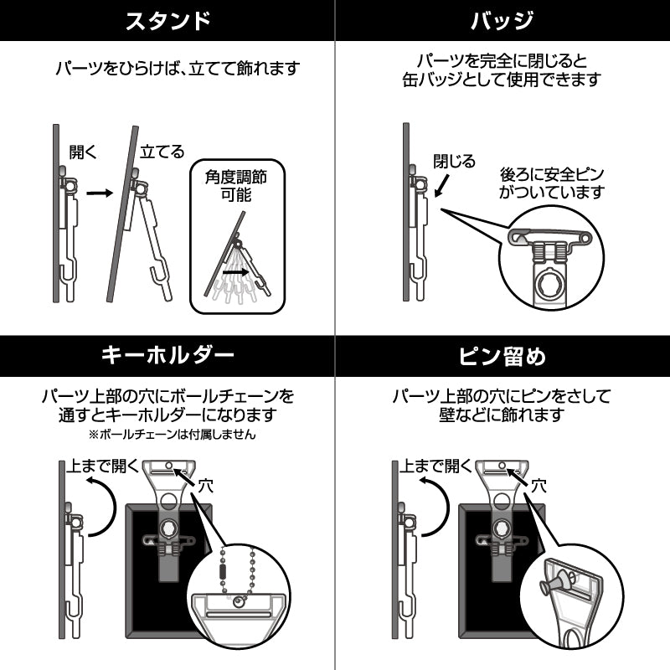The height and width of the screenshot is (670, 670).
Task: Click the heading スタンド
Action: tap(167, 21)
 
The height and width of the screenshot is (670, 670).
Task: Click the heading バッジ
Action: tap(502, 21)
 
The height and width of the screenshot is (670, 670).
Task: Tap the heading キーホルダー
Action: tap(167, 356)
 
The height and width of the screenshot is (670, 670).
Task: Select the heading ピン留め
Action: tap(502, 356)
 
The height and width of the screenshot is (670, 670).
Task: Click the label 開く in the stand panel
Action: tap(84, 153)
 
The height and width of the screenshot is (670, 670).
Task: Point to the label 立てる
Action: tap(162, 153)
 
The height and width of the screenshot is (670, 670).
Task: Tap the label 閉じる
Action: tap(455, 161)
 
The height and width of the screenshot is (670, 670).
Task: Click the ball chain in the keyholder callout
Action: tap(238, 569)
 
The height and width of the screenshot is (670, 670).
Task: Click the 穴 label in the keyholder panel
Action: tap(207, 484)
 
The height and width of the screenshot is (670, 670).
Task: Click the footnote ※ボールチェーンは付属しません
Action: tap(172, 435)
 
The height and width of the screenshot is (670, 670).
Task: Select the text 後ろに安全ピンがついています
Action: tap(551, 183)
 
